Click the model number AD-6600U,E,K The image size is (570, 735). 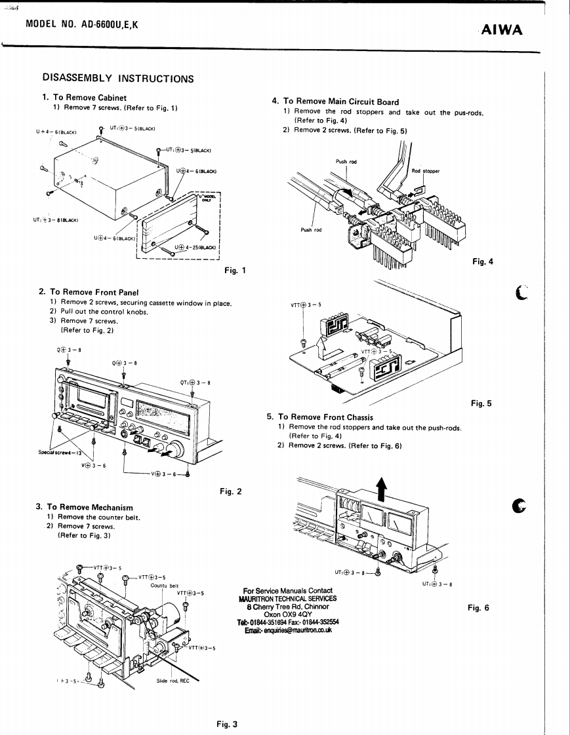coord(82,25)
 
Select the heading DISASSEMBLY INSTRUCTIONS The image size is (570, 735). coord(118,79)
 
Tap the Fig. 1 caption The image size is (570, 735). coord(235,270)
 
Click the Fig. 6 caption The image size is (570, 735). coord(478,607)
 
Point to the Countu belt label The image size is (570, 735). coord(165,585)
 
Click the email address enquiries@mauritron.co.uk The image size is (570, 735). coord(288,630)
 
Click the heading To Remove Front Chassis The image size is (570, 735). coord(325,417)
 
